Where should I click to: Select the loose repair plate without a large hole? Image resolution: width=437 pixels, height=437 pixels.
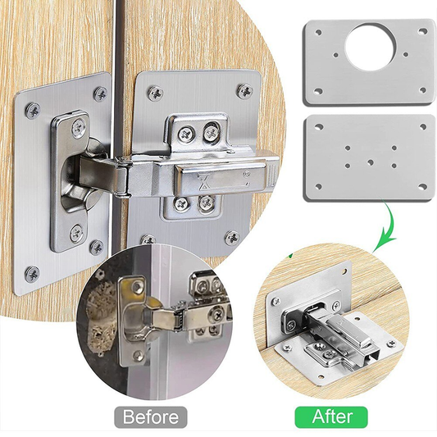click(369, 157)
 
